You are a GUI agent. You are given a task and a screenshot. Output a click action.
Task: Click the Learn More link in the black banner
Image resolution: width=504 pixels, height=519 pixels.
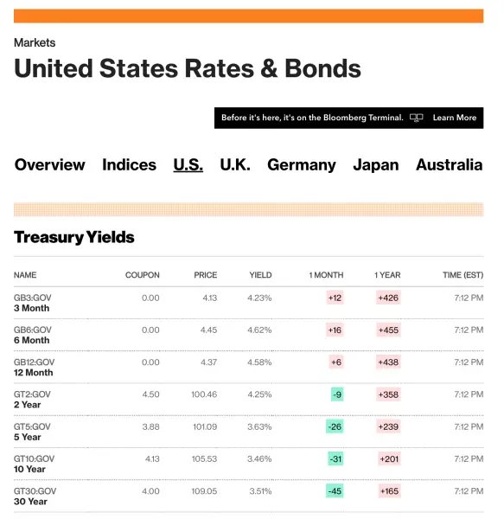tap(455, 118)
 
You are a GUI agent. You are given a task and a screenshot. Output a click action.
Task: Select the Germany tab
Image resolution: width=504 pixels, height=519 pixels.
tap(301, 165)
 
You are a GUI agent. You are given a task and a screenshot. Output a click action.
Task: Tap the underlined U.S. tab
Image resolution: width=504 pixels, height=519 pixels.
tap(188, 165)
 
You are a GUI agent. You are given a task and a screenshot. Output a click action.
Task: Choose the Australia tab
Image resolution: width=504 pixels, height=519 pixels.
tap(449, 165)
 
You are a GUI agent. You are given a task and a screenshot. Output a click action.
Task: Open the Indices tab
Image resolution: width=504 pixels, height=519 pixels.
tap(129, 165)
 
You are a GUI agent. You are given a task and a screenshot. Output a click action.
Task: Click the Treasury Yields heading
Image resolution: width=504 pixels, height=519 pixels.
tap(74, 237)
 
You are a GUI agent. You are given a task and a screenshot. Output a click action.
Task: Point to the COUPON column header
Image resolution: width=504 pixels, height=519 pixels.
tap(142, 275)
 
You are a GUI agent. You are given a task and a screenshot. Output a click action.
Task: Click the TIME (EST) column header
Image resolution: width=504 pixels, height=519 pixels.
tap(463, 275)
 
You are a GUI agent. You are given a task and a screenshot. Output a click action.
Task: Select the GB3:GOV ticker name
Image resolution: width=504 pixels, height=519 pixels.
tap(32, 298)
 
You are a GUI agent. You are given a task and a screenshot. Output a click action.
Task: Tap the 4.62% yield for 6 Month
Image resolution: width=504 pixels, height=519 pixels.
tap(259, 330)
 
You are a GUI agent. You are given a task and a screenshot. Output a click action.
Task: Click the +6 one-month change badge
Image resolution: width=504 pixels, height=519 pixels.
tap(336, 362)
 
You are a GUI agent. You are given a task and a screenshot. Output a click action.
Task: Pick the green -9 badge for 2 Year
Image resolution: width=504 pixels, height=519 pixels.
tap(337, 394)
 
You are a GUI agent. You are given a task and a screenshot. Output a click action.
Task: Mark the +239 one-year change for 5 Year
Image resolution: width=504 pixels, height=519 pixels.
tap(388, 426)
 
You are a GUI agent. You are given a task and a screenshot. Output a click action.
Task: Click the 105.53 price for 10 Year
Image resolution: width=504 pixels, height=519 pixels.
tap(204, 458)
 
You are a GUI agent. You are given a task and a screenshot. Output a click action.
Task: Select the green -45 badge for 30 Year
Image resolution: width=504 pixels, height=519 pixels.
tap(335, 490)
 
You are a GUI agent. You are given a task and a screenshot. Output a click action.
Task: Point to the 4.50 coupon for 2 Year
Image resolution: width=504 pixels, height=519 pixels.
tap(150, 394)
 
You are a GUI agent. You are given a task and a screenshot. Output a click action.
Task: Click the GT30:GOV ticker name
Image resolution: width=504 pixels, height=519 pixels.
tap(35, 490)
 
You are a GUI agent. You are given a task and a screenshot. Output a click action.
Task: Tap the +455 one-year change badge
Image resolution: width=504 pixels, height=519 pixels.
tap(388, 330)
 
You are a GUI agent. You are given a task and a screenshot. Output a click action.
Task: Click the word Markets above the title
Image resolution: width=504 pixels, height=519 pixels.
tap(35, 42)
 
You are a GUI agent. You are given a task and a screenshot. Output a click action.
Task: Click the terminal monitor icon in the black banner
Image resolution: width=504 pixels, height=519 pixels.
tap(417, 118)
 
